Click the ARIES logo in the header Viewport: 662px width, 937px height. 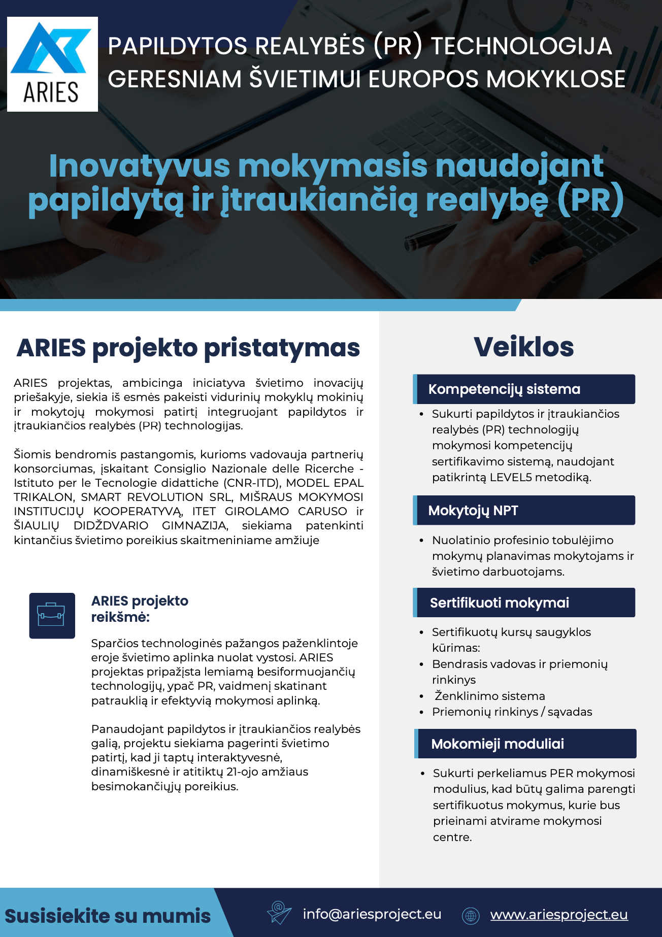click(x=52, y=64)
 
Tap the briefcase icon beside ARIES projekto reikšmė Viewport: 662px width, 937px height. click(x=52, y=615)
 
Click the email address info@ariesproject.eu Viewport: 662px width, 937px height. click(x=372, y=914)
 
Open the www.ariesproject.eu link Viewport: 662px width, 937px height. click(x=559, y=915)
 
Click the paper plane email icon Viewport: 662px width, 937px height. click(x=279, y=913)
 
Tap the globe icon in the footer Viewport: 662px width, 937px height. click(x=471, y=915)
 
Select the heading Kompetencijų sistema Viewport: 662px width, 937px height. click(x=504, y=389)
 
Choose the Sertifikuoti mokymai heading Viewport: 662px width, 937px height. click(x=500, y=603)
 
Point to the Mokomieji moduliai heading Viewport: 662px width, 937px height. click(x=498, y=744)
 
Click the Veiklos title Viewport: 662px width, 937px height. click(x=523, y=347)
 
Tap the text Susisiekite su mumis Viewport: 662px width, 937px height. click(x=108, y=916)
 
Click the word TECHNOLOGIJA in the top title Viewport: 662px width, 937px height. click(x=521, y=46)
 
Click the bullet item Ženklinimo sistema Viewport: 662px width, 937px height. click(x=489, y=696)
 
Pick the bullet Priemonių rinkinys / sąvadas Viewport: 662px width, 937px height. click(x=512, y=712)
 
